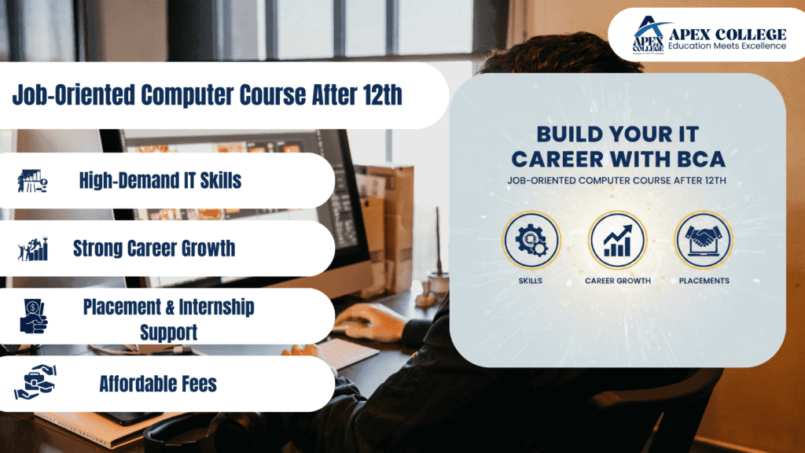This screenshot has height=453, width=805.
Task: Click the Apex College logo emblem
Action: (x=648, y=35)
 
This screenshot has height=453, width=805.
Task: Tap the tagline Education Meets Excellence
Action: (x=726, y=46)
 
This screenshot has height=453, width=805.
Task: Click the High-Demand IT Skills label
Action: (x=160, y=181)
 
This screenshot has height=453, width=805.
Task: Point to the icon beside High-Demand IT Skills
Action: (x=32, y=181)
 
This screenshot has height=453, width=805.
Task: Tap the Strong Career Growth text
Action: (x=153, y=249)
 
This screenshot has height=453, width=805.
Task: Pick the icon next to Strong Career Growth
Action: (x=32, y=249)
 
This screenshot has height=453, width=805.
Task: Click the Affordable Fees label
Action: (x=157, y=384)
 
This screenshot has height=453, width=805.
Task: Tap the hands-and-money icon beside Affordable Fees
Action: (x=34, y=383)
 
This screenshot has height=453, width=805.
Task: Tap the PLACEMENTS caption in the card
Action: (x=703, y=281)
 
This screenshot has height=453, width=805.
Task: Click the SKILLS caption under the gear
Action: (x=531, y=281)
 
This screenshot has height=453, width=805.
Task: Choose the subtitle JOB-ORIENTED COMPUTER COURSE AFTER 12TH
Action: (x=617, y=181)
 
